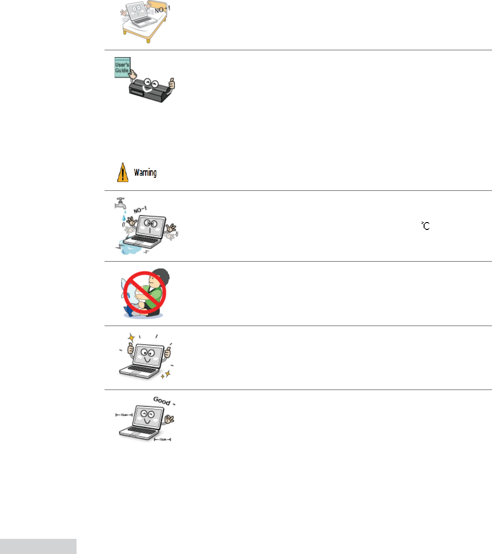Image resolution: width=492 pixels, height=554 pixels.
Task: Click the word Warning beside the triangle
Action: [x=145, y=173]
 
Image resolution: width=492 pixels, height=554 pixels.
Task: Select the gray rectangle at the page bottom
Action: [x=38, y=546]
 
